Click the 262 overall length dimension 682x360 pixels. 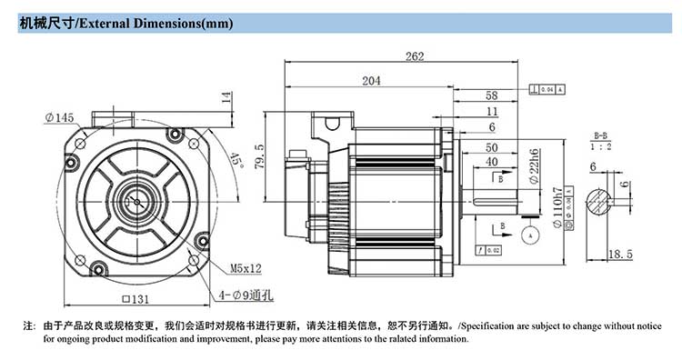click(x=415, y=56)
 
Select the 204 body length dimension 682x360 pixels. click(x=371, y=81)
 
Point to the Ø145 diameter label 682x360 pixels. click(x=58, y=116)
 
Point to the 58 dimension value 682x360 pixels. click(x=492, y=95)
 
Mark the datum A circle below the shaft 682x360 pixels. click(x=528, y=234)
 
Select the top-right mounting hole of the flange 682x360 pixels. click(x=193, y=145)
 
